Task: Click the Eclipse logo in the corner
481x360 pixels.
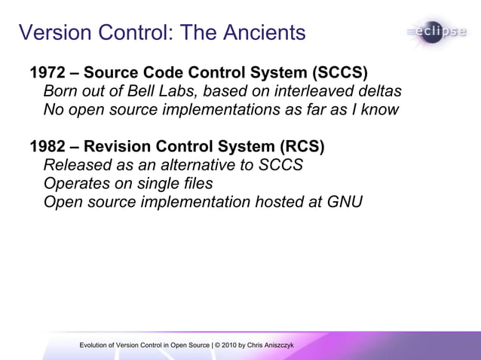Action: pyautogui.click(x=440, y=32)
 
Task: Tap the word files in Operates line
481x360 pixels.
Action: pyautogui.click(x=195, y=183)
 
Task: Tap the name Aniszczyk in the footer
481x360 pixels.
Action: pyautogui.click(x=277, y=345)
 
